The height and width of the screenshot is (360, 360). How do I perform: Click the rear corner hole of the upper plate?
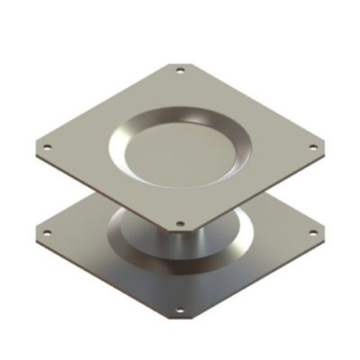click(179, 71)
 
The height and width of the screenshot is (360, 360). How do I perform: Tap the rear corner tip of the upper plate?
click(179, 63)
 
